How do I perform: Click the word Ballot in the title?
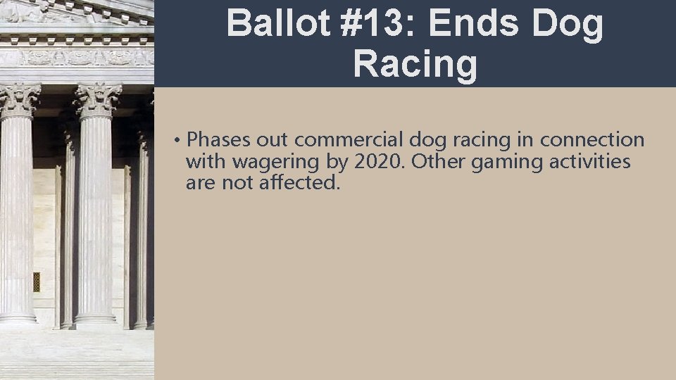point(277,25)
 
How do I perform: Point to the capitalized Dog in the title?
point(568,25)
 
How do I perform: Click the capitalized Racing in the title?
point(415,64)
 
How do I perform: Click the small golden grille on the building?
point(36,281)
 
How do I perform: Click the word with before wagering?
point(206,162)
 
